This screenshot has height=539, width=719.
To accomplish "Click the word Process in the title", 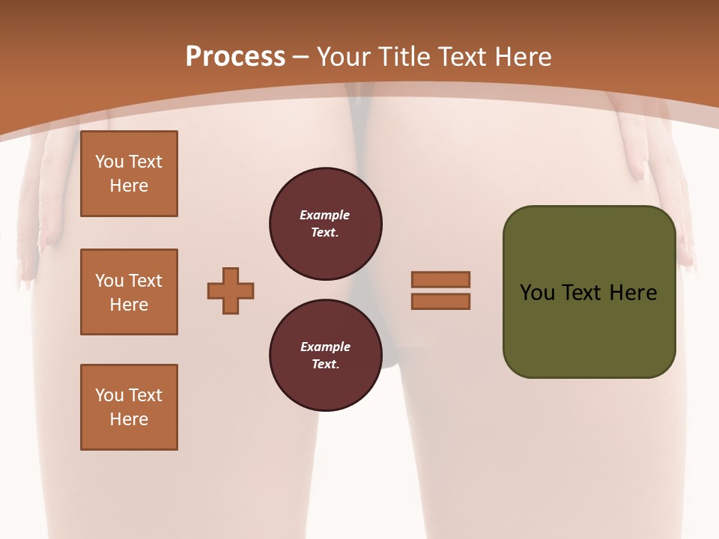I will point(235,57).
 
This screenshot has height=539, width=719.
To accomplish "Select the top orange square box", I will point(129,174).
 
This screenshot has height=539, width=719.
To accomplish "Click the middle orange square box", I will point(129,292).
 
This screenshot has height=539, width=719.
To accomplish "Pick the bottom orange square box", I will point(129,407).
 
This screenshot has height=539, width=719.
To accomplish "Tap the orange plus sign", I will point(231,290).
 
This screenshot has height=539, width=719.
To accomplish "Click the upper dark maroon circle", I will point(326,224).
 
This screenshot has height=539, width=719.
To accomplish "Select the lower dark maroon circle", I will point(326,356).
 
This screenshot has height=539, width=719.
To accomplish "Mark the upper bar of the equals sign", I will point(440,279).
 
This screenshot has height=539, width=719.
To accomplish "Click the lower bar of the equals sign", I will point(440,301).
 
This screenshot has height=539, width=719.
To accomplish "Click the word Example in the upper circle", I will point(325,215).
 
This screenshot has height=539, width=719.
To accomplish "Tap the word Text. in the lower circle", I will point(325,365).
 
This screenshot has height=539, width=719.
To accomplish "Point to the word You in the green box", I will point(538,293).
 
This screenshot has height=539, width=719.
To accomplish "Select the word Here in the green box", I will point(634,293).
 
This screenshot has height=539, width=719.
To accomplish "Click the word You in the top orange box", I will point(109,162).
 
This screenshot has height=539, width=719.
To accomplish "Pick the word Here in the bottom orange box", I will point(129,419).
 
